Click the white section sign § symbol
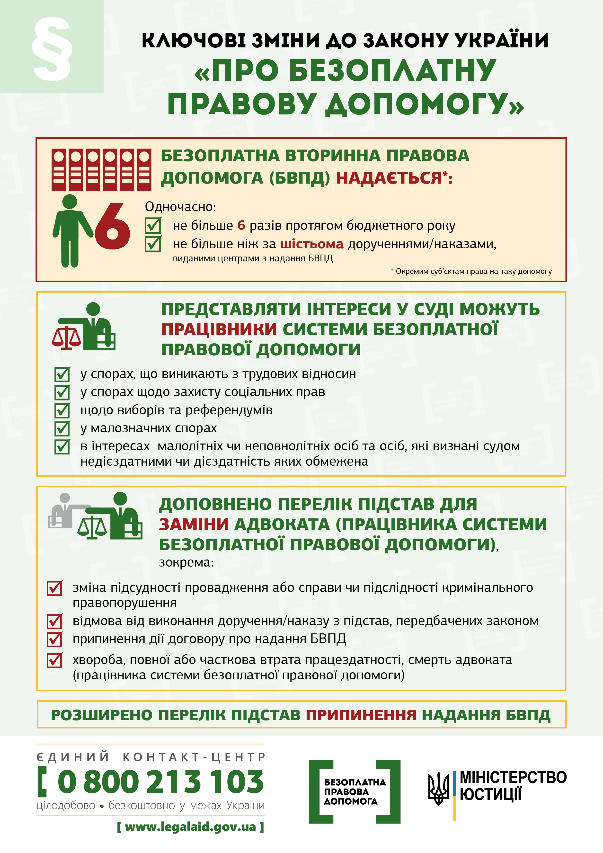coord(52,48)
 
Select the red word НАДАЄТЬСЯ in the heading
coord(389,178)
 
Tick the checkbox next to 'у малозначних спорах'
coord(62,429)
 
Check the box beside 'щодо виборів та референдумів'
coord(62,410)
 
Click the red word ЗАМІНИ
coord(194,524)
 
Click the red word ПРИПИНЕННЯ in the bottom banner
coord(361,715)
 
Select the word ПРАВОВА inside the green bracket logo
coord(346,792)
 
